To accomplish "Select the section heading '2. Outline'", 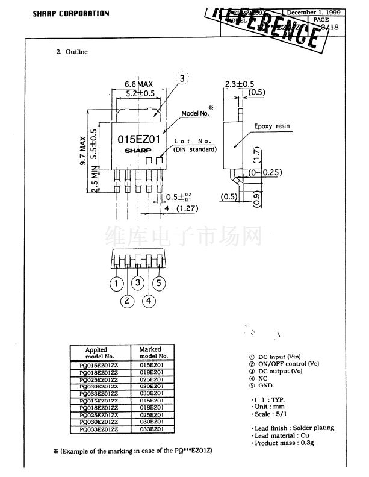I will click(x=72, y=52).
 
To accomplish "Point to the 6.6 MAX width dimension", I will click(x=137, y=83).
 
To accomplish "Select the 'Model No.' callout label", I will click(x=195, y=113).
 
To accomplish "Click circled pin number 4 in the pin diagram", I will click(x=149, y=300).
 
